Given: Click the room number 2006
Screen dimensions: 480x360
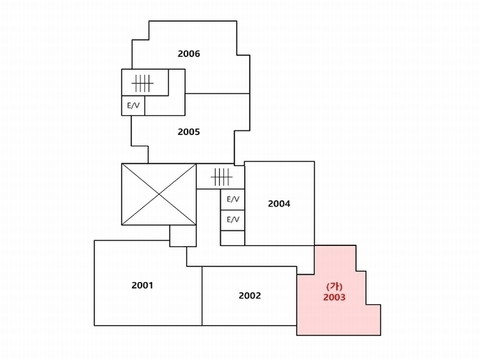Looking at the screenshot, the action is tap(189, 54).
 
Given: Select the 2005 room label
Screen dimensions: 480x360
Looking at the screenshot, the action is tap(189, 132).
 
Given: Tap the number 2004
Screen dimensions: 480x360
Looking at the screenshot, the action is tap(279, 203).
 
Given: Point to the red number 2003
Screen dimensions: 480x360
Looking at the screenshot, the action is tap(334, 297).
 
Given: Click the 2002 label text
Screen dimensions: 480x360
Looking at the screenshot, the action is tap(250, 296).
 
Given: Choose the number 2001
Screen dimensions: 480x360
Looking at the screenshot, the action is tap(142, 286).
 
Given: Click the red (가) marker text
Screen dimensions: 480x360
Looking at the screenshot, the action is tap(334, 287).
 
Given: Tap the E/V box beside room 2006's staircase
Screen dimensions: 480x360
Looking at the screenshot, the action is tap(133, 106).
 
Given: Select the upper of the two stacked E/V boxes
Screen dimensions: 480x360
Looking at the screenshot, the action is tap(233, 200).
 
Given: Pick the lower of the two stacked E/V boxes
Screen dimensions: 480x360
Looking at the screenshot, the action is tap(233, 220).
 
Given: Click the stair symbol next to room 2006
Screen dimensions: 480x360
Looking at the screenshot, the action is tap(142, 83).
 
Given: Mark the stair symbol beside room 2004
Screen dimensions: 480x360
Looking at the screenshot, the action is tap(221, 177).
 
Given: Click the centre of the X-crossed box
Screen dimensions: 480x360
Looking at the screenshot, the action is tap(159, 194).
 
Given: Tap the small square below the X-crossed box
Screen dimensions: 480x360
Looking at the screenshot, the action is tap(183, 236).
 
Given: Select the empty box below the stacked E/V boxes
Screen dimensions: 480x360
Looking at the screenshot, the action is tap(233, 238).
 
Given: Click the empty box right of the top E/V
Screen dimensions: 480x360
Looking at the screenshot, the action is tap(164, 106).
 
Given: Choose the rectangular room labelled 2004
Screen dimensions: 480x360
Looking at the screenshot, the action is tap(280, 220).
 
